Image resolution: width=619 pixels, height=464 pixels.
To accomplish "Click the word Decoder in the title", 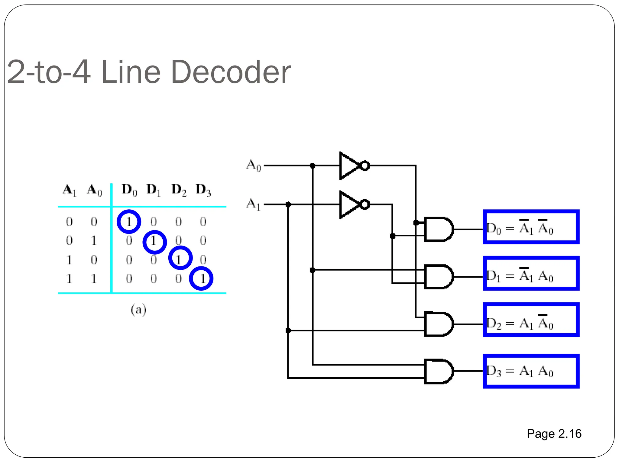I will pyautogui.click(x=231, y=72).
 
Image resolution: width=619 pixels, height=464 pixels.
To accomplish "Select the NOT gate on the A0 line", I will pyautogui.click(x=351, y=166).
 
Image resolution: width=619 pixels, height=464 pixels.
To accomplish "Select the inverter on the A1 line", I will pyautogui.click(x=351, y=205).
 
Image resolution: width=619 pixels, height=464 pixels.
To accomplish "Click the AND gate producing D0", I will pyautogui.click(x=438, y=229).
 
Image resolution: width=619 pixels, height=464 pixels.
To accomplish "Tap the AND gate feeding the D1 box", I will pyautogui.click(x=438, y=277).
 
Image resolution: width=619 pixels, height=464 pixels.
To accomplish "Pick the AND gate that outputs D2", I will pyautogui.click(x=438, y=324).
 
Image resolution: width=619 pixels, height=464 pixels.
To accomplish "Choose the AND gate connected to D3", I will pyautogui.click(x=438, y=371).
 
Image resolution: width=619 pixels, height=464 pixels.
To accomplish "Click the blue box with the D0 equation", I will pyautogui.click(x=531, y=227).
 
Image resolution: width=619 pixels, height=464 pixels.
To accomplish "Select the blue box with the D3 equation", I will pyautogui.click(x=531, y=371).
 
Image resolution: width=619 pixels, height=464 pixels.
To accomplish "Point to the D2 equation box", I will pyautogui.click(x=531, y=320).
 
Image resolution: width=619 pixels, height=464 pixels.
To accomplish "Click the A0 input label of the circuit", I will pyautogui.click(x=253, y=165).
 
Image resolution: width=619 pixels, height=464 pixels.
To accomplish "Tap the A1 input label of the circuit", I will pyautogui.click(x=253, y=204).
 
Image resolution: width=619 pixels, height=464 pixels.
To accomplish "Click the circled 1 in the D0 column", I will pyautogui.click(x=129, y=222).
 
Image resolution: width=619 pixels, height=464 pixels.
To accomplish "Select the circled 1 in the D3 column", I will pyautogui.click(x=201, y=279).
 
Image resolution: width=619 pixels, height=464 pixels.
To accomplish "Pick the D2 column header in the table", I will pyautogui.click(x=179, y=190).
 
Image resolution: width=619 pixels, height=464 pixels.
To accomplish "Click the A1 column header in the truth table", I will pyautogui.click(x=70, y=190).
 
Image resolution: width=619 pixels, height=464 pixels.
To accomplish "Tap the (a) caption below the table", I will pyautogui.click(x=138, y=310).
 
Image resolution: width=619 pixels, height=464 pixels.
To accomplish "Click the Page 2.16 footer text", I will pyautogui.click(x=554, y=434).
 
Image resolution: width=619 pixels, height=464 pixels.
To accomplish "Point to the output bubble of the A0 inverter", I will pyautogui.click(x=365, y=166).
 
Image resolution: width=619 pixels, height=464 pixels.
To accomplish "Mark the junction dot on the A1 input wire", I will pyautogui.click(x=288, y=205).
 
